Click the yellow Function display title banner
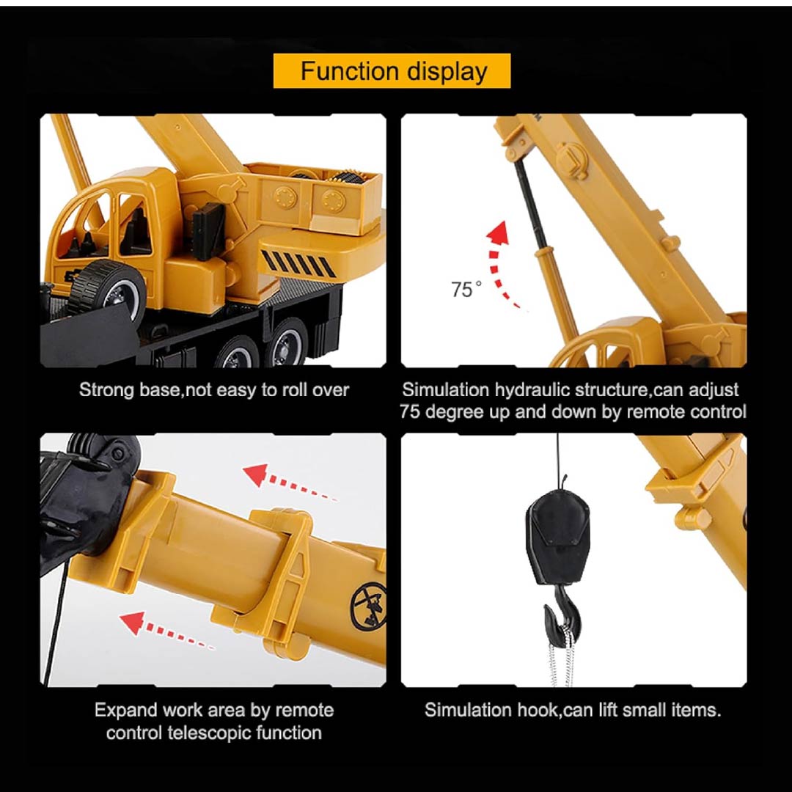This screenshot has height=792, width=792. [392, 70]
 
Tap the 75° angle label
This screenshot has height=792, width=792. [466, 290]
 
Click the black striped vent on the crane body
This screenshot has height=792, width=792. [298, 263]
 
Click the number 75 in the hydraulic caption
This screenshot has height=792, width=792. [410, 412]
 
